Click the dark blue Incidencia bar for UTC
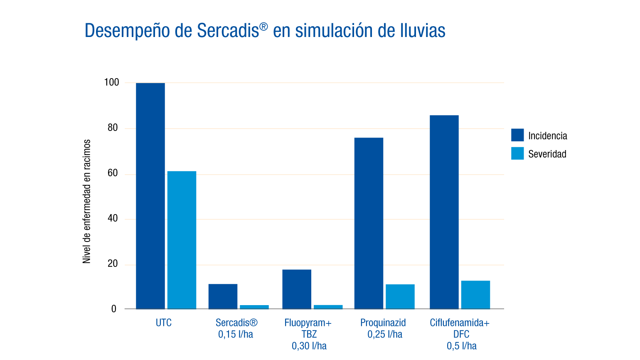coord(150,196)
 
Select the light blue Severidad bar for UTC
coord(182,240)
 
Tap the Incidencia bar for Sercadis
coord(223,296)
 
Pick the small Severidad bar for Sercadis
coord(254,307)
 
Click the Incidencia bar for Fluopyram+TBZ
coord(297,289)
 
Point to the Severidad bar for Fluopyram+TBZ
coord(328,307)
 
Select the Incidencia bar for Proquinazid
coord(369,223)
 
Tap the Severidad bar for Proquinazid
coord(400,296)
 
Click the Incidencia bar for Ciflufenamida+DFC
coord(444,212)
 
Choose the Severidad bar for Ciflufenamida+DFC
coord(475,295)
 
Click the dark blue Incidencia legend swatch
coord(517,135)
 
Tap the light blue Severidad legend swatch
coord(517,153)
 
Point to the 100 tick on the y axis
coord(112,82)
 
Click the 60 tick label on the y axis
coord(113,173)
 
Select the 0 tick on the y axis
coord(114,309)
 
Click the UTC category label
coord(164,323)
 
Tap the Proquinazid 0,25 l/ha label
coord(383,328)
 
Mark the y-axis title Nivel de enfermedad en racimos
coord(86,202)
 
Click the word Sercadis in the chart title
coord(228,30)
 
